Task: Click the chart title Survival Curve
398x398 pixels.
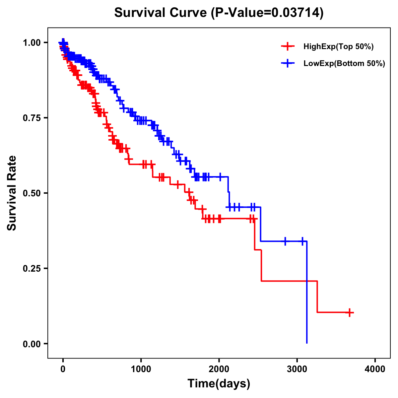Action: coord(161,13)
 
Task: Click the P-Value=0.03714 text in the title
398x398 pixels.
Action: coord(268,13)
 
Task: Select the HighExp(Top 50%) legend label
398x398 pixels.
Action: coord(338,47)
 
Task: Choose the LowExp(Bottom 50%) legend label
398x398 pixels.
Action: coord(344,63)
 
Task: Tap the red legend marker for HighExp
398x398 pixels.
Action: coord(288,47)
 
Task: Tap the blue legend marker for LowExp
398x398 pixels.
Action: coord(288,63)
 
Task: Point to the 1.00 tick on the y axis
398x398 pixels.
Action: coord(32,42)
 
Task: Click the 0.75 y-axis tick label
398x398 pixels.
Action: coord(32,118)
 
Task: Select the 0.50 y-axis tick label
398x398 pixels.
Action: coord(32,193)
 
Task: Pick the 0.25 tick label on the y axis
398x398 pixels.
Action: coord(32,268)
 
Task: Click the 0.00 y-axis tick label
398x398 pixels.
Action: coord(32,344)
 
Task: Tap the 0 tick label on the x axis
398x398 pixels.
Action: coord(63,369)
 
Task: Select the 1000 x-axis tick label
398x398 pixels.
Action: coord(141,369)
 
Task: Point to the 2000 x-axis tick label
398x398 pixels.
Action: coord(219,369)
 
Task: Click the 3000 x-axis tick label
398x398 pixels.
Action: coord(297,369)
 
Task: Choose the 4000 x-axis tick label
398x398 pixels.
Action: coord(375,369)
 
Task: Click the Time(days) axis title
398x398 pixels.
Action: coord(219,384)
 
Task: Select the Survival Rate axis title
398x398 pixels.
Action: coord(12,193)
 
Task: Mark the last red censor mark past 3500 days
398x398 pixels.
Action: coord(350,312)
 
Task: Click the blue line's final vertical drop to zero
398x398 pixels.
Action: coord(307,292)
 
